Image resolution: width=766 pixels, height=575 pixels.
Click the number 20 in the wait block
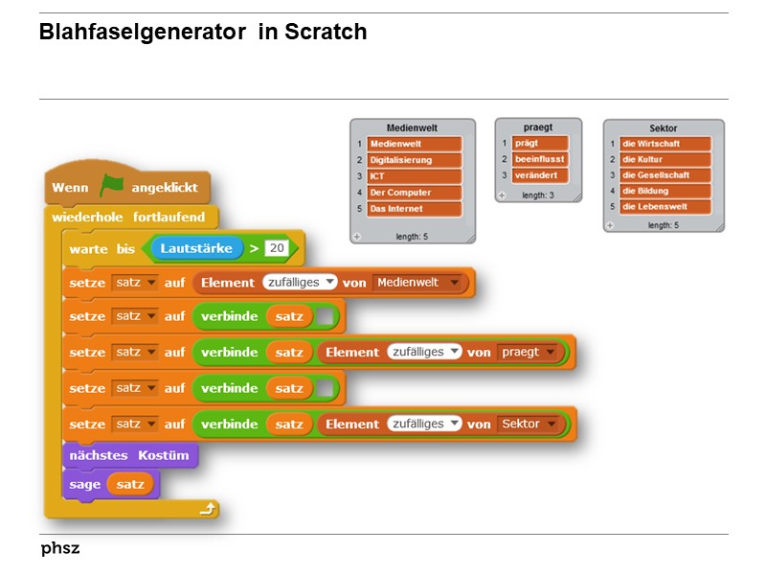coord(277,248)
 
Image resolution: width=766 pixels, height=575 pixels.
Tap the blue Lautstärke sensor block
coord(195,248)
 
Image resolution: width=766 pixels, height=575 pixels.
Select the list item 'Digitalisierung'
coord(414,160)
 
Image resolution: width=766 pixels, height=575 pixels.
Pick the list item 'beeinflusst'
coord(539,159)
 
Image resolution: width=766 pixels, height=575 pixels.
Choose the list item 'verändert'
coord(539,175)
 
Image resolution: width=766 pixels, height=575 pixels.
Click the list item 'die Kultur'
coord(665,159)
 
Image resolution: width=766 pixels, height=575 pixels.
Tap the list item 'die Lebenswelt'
coord(665,206)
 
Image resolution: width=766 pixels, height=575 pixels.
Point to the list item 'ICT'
coord(414,176)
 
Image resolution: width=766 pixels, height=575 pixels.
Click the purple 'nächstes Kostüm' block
coord(129,454)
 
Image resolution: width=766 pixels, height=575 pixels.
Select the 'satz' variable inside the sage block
coord(130,484)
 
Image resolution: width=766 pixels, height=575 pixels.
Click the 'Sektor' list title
coord(663,127)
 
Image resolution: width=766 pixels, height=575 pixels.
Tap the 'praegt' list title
coord(537,126)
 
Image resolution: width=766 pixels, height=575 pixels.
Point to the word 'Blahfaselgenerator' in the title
coord(142,32)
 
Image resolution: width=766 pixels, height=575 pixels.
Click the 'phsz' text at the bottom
coord(60,549)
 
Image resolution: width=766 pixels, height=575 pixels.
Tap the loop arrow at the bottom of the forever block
coord(207,510)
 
